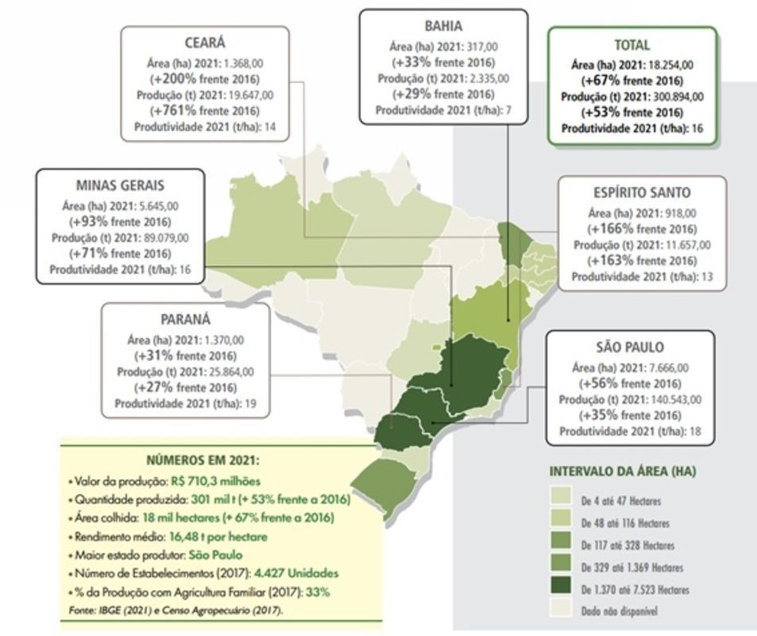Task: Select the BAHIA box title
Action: coord(442,26)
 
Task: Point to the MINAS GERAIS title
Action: coord(120,185)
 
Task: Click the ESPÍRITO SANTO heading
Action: coord(641,192)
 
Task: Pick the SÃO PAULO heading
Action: coord(630,347)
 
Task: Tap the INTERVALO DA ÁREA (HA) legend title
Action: coord(623,471)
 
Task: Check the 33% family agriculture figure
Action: coord(315,592)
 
